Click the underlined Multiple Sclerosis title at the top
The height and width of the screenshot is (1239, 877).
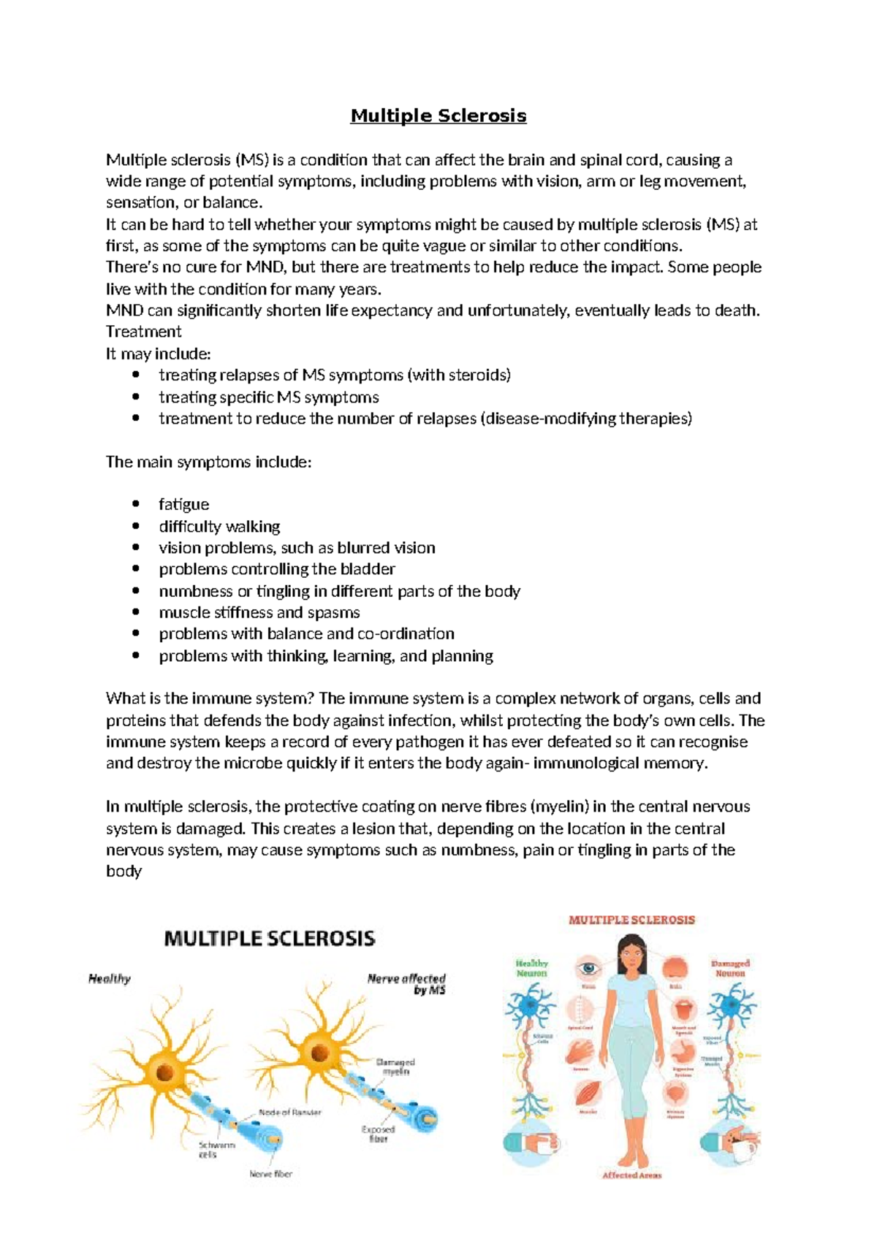coord(438,115)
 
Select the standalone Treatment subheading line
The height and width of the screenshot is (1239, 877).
coord(143,332)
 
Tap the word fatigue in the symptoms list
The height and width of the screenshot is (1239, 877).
coord(183,504)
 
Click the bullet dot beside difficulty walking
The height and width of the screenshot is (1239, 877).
coord(136,526)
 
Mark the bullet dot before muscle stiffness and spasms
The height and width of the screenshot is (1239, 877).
coord(136,612)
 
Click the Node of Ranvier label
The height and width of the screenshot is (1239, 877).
coord(289,1113)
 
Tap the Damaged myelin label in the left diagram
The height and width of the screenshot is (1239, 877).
coord(395,1067)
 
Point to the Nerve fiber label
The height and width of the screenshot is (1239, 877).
coord(270,1174)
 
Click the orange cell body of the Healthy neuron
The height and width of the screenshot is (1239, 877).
coord(165,1072)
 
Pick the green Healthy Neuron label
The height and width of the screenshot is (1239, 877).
coord(531,968)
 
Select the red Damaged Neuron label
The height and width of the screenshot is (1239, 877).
coord(730,968)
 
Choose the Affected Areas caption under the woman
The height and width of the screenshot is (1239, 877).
coord(631,1175)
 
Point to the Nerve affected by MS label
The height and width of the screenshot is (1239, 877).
coord(406,983)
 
